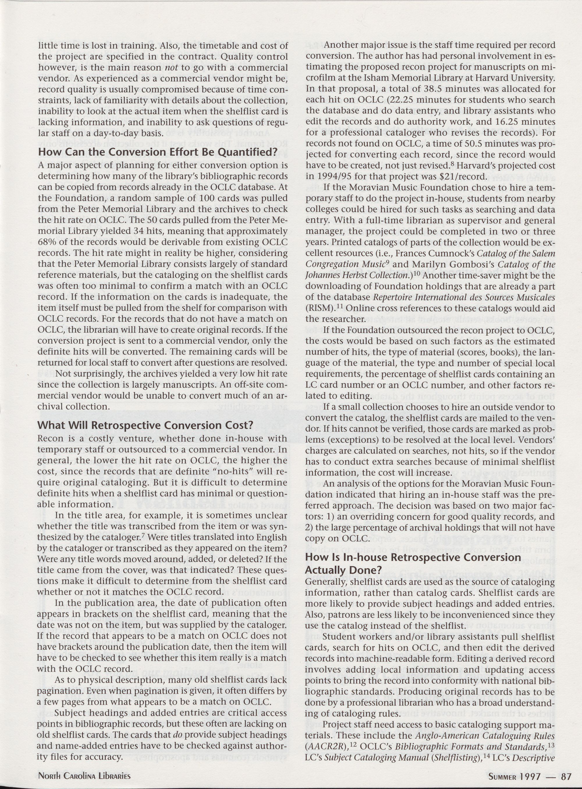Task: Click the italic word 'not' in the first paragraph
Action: point(180,67)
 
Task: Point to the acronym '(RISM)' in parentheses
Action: point(319,308)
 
